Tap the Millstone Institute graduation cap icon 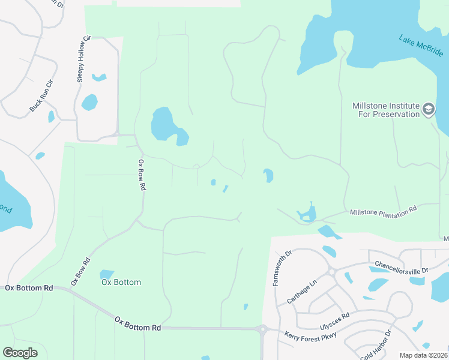coord(428,109)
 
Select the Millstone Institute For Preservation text coord(385,110)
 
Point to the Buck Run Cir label coord(41,95)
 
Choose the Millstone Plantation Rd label coord(383,211)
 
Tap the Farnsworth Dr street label coord(282,268)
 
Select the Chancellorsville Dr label coord(401,266)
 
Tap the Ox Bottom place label coord(121,282)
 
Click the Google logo coord(20,353)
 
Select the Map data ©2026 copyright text coord(424,355)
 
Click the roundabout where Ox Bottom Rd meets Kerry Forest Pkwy coord(262,328)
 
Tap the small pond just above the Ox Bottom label coord(107,274)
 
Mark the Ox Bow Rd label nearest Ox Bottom coord(80,271)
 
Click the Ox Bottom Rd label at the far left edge coord(29,288)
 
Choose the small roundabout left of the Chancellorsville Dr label coord(331,271)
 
